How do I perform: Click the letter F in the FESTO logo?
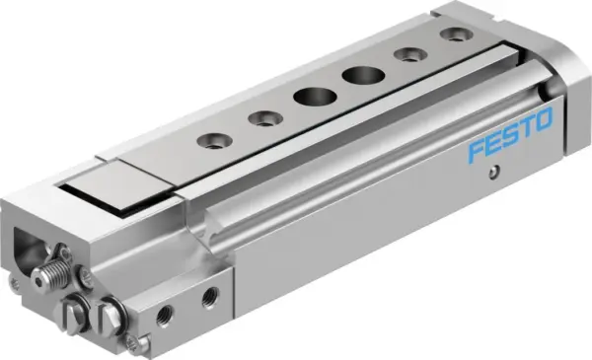point(477,154)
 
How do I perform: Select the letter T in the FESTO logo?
point(529,130)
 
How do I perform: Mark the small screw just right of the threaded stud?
point(87,278)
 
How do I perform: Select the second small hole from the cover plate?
point(263,119)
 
